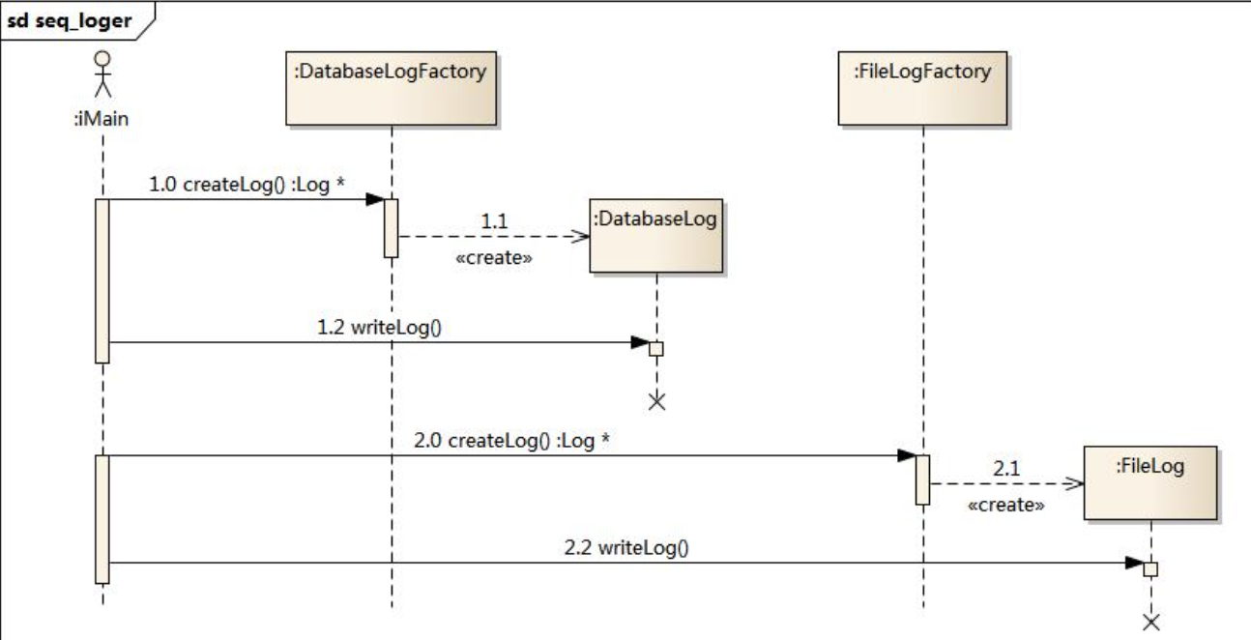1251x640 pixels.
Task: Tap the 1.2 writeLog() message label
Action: (379, 327)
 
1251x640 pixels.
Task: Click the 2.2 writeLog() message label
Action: (626, 548)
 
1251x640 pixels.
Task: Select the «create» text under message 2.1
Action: (1005, 504)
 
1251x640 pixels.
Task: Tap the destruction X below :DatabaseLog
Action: (656, 400)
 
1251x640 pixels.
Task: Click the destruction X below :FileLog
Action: (1150, 621)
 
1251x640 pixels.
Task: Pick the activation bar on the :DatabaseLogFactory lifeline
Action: (392, 227)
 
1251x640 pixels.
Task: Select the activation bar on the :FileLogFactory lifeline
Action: (923, 480)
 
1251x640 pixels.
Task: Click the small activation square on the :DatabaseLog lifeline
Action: (656, 348)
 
